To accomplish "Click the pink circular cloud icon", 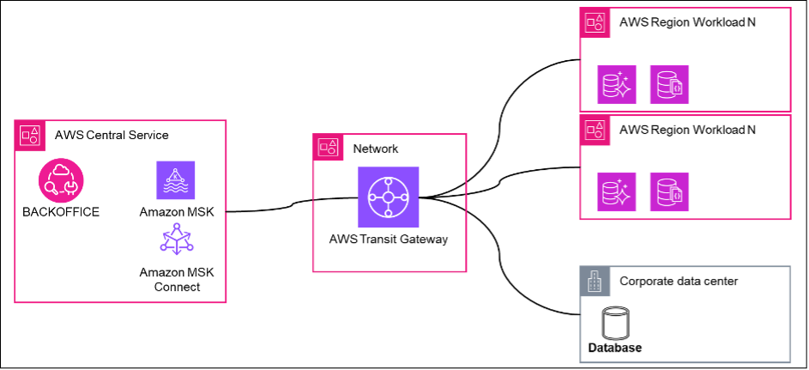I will [x=61, y=180].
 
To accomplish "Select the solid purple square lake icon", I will [x=176, y=180].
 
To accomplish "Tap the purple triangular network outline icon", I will [x=177, y=240].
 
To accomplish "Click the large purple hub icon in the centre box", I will [x=389, y=197].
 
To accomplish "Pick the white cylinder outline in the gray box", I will [x=615, y=324].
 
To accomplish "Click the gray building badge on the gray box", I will [x=595, y=282].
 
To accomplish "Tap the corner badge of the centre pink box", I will [x=328, y=148].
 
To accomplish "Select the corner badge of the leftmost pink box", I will [x=31, y=135].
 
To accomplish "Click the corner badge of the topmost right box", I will [x=595, y=23].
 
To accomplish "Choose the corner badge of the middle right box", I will [x=595, y=130].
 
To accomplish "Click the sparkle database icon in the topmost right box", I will [x=617, y=85].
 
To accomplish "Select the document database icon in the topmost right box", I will [x=669, y=85].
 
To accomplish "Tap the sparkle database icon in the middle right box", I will [x=617, y=192].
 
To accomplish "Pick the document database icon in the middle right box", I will [x=669, y=192].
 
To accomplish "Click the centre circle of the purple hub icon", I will [x=389, y=197].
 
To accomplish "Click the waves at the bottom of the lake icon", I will [x=176, y=191].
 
